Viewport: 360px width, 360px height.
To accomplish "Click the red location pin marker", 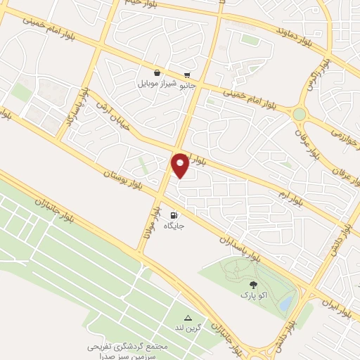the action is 180,165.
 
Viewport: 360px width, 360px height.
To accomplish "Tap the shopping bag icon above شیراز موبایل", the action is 157,72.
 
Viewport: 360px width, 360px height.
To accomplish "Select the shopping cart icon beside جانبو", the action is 186,75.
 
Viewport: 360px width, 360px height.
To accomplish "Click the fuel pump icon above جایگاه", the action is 174,215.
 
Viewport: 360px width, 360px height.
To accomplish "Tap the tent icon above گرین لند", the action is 188,318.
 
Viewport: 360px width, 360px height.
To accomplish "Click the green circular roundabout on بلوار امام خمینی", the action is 300,114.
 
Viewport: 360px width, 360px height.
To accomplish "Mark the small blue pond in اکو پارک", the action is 287,303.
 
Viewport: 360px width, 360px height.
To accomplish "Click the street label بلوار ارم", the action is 292,195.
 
